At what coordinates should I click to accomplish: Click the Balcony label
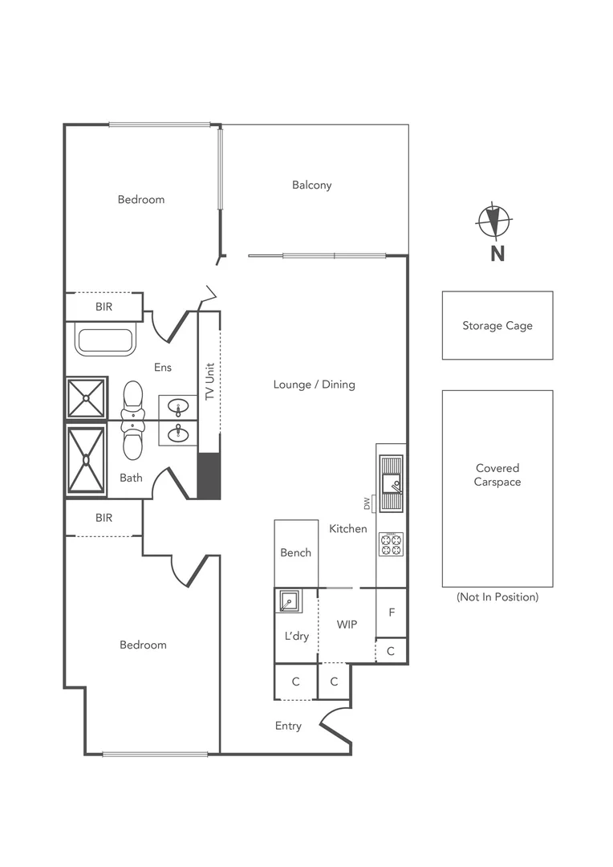[311, 185]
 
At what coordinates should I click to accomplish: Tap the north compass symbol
[494, 221]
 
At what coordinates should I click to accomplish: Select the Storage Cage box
[497, 325]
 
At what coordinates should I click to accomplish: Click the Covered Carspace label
[497, 475]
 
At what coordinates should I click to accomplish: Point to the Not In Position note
[497, 597]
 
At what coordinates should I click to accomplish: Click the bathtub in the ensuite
[104, 340]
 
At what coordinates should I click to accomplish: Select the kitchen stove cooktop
[391, 545]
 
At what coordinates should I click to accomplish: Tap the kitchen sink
[392, 483]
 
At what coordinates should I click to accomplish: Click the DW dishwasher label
[367, 504]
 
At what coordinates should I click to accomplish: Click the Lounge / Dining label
[314, 385]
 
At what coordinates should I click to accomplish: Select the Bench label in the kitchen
[295, 553]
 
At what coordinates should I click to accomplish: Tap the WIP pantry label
[347, 625]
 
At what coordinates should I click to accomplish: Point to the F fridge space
[392, 613]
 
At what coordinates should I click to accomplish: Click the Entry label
[288, 726]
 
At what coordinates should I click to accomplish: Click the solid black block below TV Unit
[209, 476]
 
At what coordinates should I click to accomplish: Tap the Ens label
[163, 368]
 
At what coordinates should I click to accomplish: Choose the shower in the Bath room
[86, 459]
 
